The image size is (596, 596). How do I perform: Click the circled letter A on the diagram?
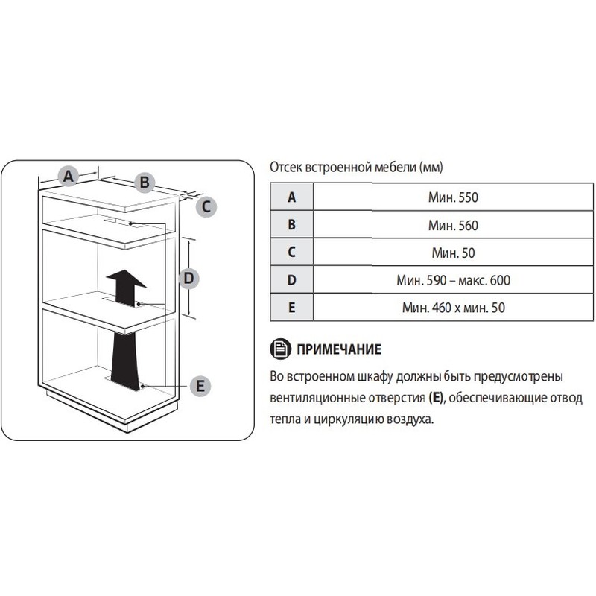point(68,177)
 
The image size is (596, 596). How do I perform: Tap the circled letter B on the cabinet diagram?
point(145,182)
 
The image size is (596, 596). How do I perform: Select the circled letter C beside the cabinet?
point(206,207)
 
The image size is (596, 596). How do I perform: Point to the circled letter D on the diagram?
point(189,278)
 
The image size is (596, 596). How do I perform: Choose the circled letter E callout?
point(200,386)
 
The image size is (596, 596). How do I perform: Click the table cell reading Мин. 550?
point(453,197)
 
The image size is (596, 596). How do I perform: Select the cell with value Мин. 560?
point(453,225)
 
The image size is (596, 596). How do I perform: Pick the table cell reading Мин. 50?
point(453,253)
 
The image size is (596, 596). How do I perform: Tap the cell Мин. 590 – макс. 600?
point(453,280)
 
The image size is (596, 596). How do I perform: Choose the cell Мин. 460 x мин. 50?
point(453,308)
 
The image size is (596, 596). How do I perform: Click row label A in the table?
point(291,197)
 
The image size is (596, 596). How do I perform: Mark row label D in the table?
point(291,280)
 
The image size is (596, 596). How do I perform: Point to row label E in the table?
point(291,308)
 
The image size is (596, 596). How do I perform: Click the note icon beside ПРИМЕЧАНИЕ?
point(281,349)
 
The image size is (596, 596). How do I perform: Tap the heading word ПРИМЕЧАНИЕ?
point(339,349)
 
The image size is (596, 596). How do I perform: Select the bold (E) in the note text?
point(436,398)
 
